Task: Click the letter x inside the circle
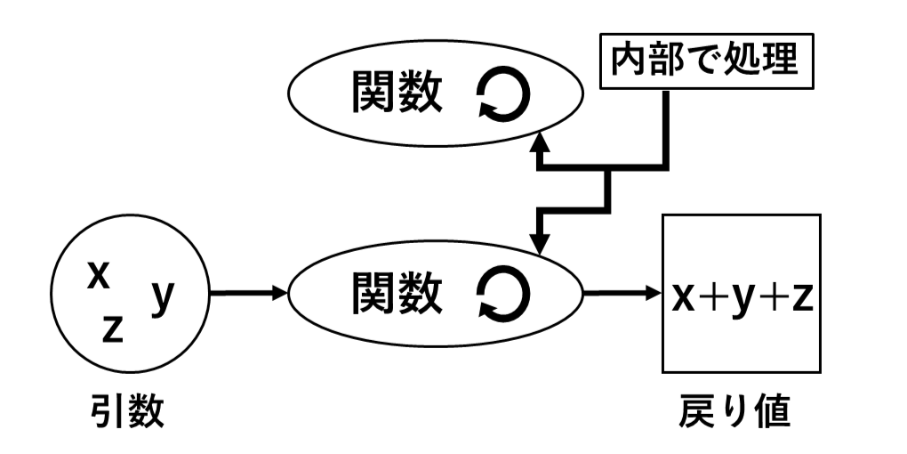pos(99,274)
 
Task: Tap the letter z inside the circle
pos(112,328)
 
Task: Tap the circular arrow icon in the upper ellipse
pos(504,94)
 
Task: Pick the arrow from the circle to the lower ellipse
pos(250,292)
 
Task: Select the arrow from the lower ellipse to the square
pos(622,292)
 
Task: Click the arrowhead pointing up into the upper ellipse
pos(539,142)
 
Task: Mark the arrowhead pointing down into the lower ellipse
pos(539,244)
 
